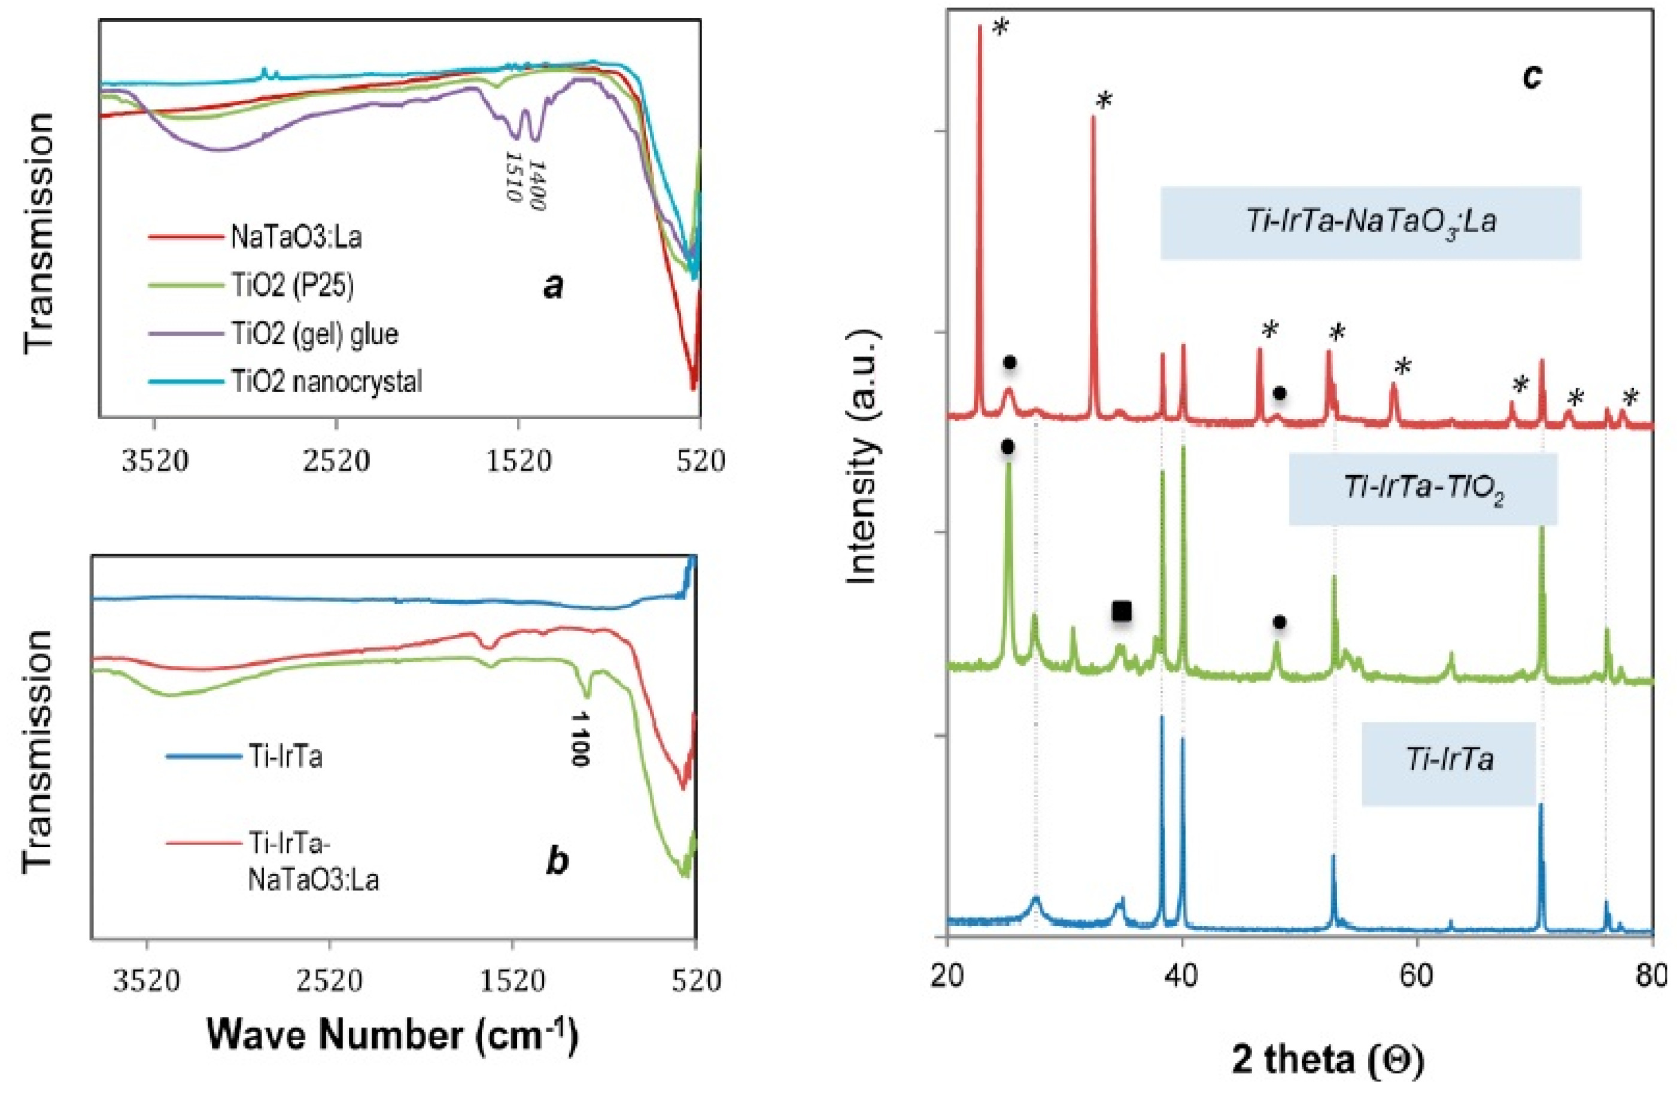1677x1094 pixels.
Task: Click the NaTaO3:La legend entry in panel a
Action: [x=296, y=238]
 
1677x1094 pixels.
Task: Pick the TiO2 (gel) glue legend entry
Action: [x=314, y=333]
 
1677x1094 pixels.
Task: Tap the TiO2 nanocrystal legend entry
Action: [x=326, y=382]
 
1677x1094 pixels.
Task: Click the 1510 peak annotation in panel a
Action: [x=514, y=174]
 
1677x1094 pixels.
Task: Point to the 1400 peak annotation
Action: [x=537, y=184]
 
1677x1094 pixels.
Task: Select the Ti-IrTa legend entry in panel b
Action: [x=285, y=757]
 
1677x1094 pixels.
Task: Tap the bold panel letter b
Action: [x=557, y=861]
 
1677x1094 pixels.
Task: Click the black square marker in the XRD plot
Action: [x=1121, y=612]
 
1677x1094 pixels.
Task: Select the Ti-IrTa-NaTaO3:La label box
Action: [x=1371, y=223]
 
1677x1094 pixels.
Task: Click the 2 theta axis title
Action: [x=1328, y=1059]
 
